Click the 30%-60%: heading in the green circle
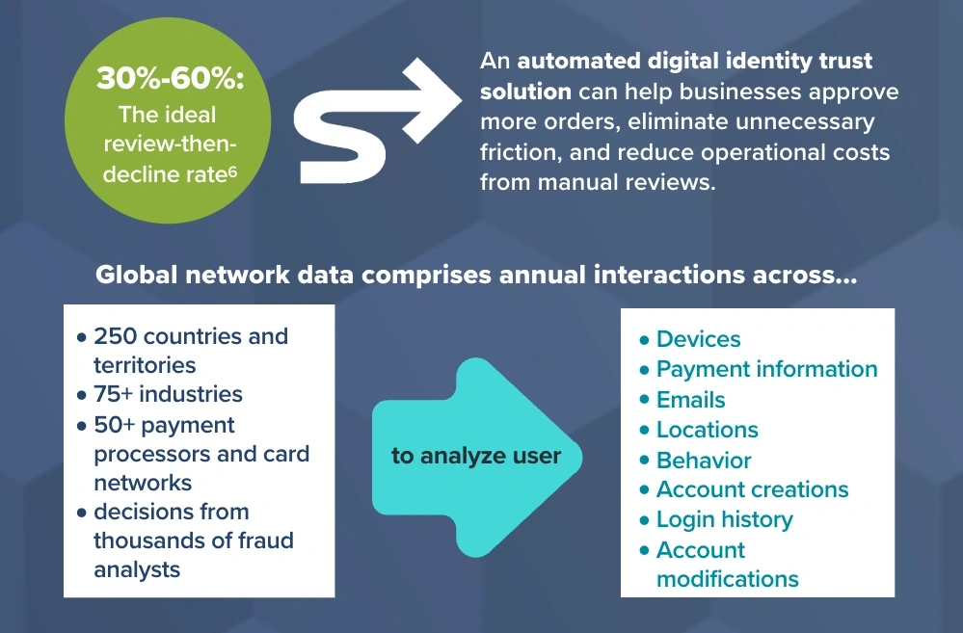pyautogui.click(x=170, y=78)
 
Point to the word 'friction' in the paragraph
pyautogui.click(x=517, y=152)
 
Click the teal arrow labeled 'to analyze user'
pyautogui.click(x=476, y=456)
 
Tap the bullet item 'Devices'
pyautogui.click(x=698, y=339)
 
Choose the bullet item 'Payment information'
pyautogui.click(x=766, y=369)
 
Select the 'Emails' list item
pyautogui.click(x=690, y=400)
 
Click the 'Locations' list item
pyautogui.click(x=707, y=430)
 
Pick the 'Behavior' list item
pyautogui.click(x=704, y=460)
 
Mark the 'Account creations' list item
pyautogui.click(x=752, y=489)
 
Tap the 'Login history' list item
pyautogui.click(x=724, y=519)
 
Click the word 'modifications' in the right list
pyautogui.click(x=727, y=579)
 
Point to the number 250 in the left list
pyautogui.click(x=115, y=336)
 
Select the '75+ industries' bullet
pyautogui.click(x=168, y=394)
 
